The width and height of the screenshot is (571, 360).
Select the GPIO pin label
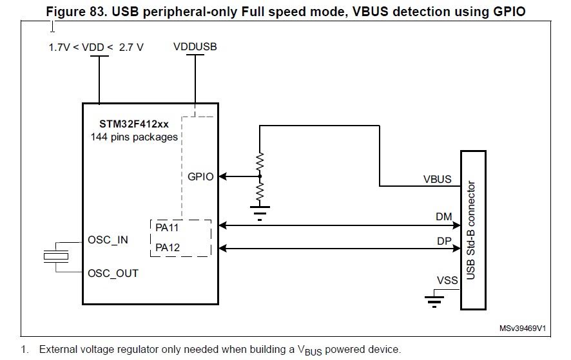pos(201,176)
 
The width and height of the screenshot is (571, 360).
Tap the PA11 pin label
pos(168,227)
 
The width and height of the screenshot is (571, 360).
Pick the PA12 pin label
pos(168,247)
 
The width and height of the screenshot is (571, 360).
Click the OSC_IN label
pos(108,240)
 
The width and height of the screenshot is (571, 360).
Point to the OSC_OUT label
pos(113,273)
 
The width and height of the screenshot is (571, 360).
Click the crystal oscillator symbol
pos(55,256)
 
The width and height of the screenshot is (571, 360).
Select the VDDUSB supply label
pos(195,47)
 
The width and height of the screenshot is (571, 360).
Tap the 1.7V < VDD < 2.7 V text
pos(96,47)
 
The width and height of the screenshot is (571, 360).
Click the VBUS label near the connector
pos(437,179)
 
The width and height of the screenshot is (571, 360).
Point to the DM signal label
pos(444,218)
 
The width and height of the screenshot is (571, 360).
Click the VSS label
pos(447,280)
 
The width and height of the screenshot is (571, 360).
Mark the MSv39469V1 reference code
pos(523,328)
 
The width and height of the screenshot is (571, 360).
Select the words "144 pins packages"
pos(134,137)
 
